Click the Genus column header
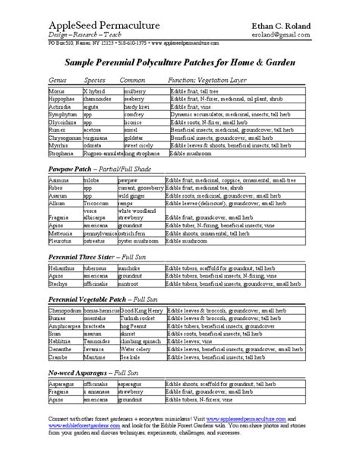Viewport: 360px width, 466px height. [x=58, y=78]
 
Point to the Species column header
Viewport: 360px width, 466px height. [x=95, y=78]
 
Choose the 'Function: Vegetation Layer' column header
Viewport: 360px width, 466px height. [x=206, y=78]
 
